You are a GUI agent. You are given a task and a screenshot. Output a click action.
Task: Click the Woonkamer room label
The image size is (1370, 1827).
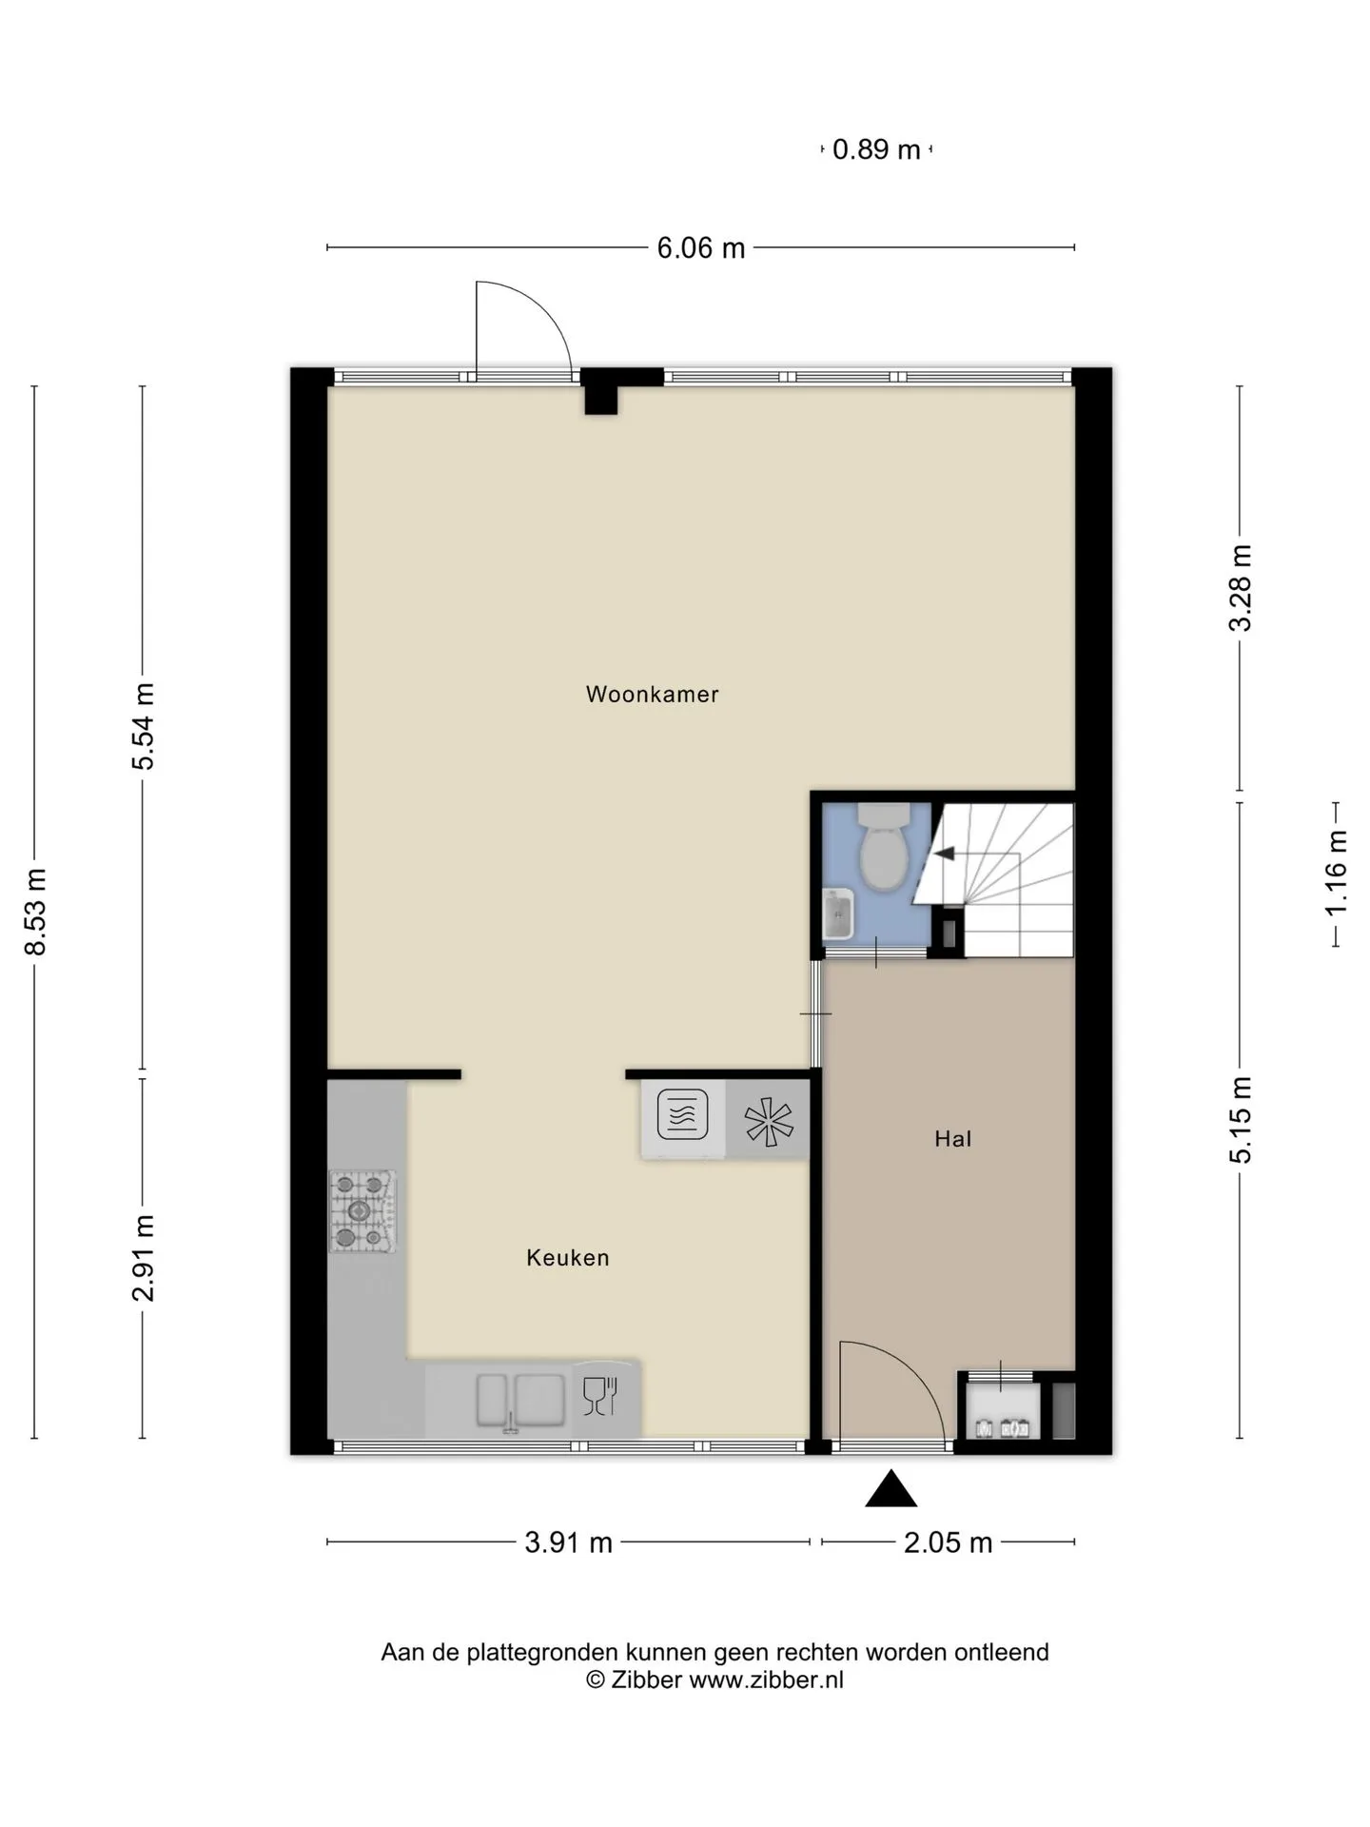pyautogui.click(x=652, y=695)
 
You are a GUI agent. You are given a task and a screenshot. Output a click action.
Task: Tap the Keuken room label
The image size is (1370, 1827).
pyautogui.click(x=568, y=1258)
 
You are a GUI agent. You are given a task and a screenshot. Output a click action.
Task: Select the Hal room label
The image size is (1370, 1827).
pyautogui.click(x=952, y=1139)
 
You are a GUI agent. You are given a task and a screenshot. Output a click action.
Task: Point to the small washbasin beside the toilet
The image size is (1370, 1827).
pyautogui.click(x=837, y=913)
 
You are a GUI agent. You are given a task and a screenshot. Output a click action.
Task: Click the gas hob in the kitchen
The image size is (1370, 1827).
pyautogui.click(x=362, y=1211)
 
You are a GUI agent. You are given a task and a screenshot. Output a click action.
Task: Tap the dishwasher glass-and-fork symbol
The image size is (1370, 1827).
pyautogui.click(x=600, y=1396)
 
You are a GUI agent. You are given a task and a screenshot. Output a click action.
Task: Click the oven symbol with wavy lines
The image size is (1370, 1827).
pyautogui.click(x=682, y=1114)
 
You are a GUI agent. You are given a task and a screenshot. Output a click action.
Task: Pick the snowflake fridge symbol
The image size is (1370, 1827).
pyautogui.click(x=769, y=1121)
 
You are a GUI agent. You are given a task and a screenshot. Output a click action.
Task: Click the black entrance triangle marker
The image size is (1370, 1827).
pyautogui.click(x=891, y=1489)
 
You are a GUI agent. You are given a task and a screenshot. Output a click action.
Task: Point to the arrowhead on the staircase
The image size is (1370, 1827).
pyautogui.click(x=944, y=854)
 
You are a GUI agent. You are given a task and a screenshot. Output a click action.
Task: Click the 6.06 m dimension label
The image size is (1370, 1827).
pyautogui.click(x=701, y=248)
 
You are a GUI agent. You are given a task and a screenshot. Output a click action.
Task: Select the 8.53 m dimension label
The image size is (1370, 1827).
pyautogui.click(x=36, y=911)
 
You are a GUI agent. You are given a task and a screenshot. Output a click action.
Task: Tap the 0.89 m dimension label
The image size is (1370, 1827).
pyautogui.click(x=876, y=149)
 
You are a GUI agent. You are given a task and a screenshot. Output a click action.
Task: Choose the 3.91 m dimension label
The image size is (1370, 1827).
pyautogui.click(x=568, y=1542)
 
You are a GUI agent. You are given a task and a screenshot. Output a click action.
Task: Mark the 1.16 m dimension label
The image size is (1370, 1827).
pyautogui.click(x=1337, y=874)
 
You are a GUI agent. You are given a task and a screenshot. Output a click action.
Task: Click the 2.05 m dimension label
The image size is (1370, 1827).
pyautogui.click(x=948, y=1542)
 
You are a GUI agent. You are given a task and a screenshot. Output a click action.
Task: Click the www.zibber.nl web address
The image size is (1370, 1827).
pyautogui.click(x=766, y=1680)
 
